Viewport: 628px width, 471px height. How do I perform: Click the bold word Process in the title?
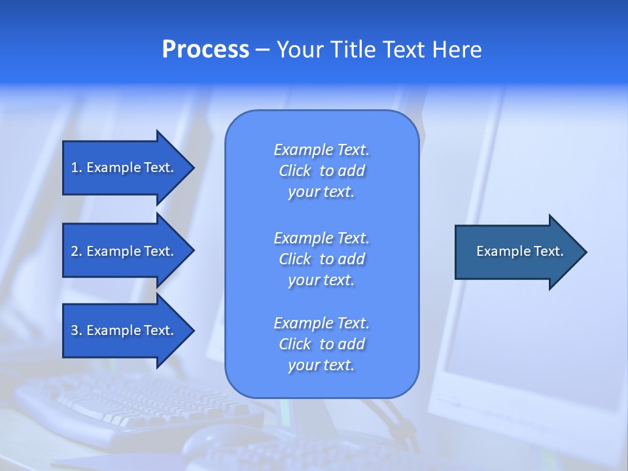tap(205, 50)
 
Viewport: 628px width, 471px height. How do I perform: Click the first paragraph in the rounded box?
tap(321, 171)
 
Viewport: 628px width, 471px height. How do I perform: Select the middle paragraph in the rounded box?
tap(321, 258)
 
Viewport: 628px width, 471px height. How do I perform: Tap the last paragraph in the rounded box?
tap(321, 344)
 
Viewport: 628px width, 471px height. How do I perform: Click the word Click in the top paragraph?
tap(294, 171)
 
